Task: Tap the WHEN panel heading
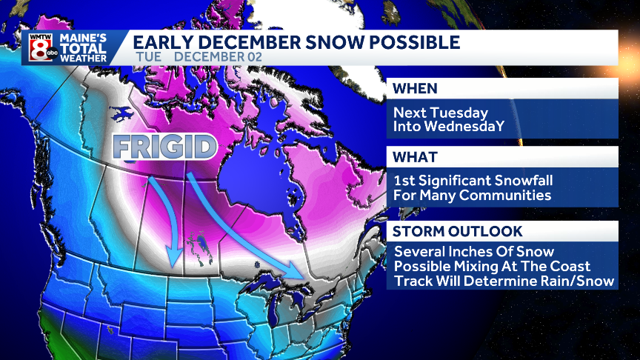coord(415,89)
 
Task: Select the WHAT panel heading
coord(415,158)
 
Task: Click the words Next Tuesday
coord(441,113)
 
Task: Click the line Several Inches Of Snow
coord(473,252)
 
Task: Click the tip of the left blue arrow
coord(173,264)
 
